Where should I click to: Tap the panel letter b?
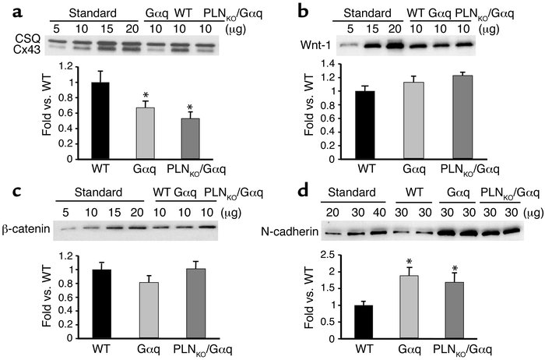tap(297, 10)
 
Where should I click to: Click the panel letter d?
tap(297, 190)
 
